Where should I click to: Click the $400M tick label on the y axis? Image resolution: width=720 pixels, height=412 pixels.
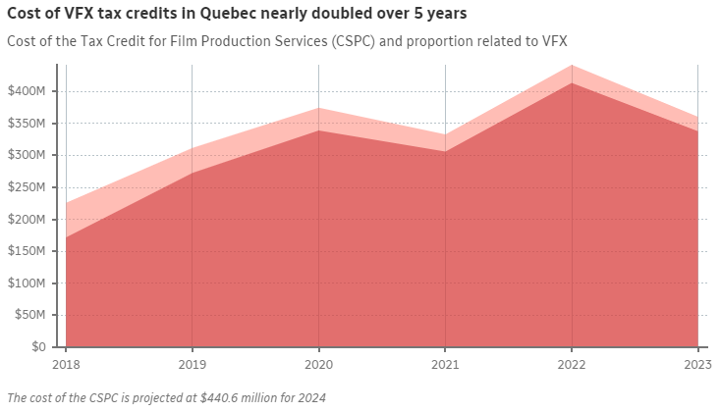coord(26,91)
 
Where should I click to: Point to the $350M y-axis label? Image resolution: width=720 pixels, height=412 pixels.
coord(26,124)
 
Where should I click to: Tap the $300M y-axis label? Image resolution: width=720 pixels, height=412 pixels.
coord(26,155)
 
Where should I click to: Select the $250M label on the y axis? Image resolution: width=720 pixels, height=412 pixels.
coord(26,187)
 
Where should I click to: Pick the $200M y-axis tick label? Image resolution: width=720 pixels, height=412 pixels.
coord(26,220)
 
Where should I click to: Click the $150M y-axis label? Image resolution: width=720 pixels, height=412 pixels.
coord(26,251)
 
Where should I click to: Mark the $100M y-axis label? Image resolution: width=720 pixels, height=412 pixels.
coord(26,283)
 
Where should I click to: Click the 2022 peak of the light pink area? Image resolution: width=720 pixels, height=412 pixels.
coord(572,67)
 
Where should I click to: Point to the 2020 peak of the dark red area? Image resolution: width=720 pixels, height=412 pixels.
coord(318,131)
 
